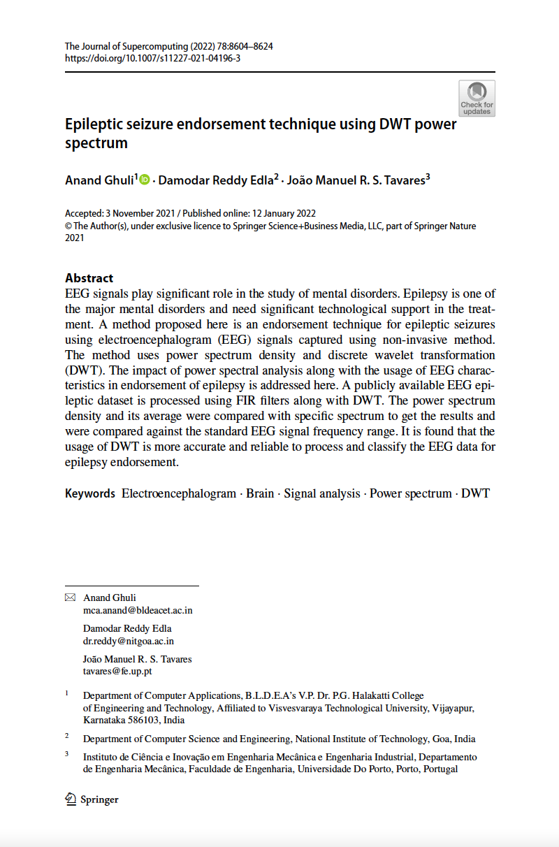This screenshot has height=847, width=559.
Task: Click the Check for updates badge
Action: pos(477,99)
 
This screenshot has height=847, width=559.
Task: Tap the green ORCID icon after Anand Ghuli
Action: pos(145,180)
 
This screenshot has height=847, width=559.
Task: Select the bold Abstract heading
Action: pos(89,277)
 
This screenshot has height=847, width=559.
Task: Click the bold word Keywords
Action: pos(90,493)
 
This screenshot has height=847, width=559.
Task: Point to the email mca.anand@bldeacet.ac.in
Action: pos(138,610)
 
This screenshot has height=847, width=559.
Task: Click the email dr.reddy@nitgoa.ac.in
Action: pos(129,640)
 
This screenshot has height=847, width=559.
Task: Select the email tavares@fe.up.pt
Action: pos(117,671)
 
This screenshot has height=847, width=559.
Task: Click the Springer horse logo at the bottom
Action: pos(71,799)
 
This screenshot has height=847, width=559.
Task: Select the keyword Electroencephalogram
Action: pos(179,493)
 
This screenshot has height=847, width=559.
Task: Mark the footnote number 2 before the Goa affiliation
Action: pos(67,736)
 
